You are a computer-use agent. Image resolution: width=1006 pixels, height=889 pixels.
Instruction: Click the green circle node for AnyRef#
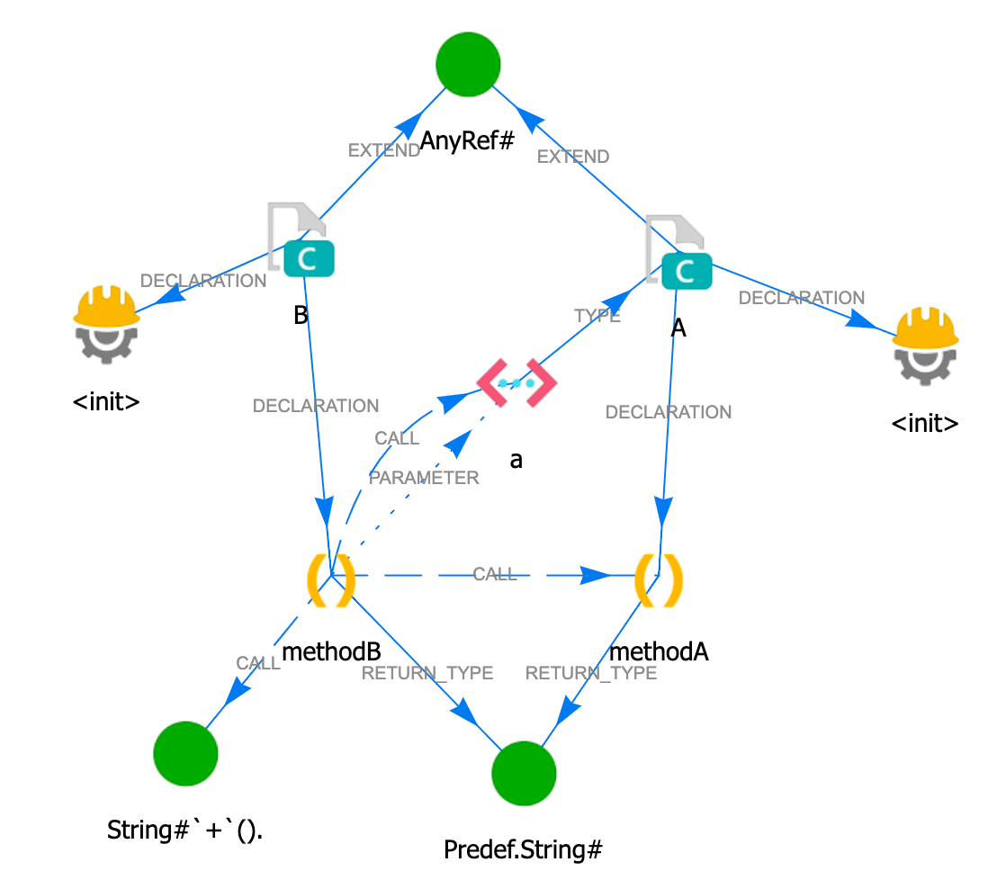pyautogui.click(x=468, y=65)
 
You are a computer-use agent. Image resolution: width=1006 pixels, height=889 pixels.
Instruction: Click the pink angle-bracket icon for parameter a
pyautogui.click(x=516, y=382)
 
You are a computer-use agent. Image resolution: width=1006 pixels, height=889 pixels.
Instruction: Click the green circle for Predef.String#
pyautogui.click(x=525, y=774)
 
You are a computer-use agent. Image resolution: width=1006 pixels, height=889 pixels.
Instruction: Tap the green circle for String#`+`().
pyautogui.click(x=186, y=753)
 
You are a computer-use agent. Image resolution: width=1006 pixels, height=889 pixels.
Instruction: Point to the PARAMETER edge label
pyautogui.click(x=424, y=478)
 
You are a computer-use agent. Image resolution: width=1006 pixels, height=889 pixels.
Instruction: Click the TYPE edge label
pyautogui.click(x=597, y=316)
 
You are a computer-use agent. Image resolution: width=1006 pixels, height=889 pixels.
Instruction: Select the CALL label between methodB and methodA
pyautogui.click(x=495, y=574)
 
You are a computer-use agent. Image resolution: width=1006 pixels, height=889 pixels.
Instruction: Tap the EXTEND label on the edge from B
pyautogui.click(x=384, y=150)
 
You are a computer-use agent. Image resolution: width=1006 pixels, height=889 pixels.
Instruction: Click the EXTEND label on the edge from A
pyautogui.click(x=573, y=157)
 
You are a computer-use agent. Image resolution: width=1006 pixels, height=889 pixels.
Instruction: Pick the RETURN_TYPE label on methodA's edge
pyautogui.click(x=591, y=673)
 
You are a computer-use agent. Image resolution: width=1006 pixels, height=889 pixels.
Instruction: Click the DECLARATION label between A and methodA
pyautogui.click(x=669, y=412)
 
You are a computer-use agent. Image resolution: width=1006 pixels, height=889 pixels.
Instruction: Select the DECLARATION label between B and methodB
pyautogui.click(x=316, y=406)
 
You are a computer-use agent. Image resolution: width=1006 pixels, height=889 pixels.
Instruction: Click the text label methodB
pyautogui.click(x=331, y=651)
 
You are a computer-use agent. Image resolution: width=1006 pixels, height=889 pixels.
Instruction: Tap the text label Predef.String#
pyautogui.click(x=523, y=849)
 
